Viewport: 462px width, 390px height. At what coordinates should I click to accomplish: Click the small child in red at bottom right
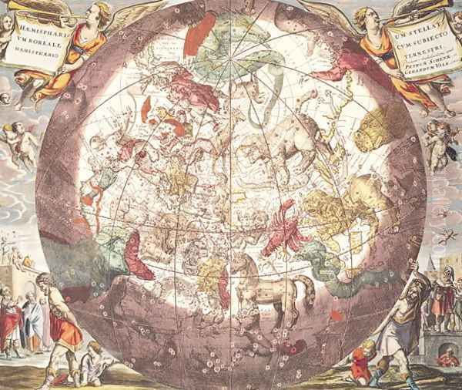click(x=360, y=363)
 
